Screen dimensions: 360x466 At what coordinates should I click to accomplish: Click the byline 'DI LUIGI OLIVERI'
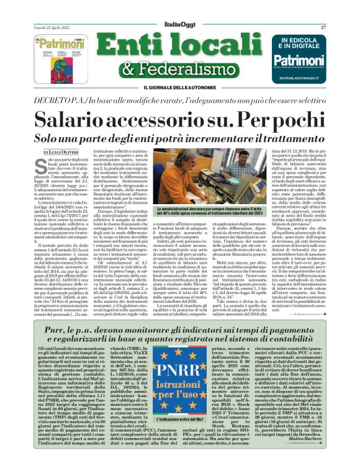(x=62, y=151)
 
